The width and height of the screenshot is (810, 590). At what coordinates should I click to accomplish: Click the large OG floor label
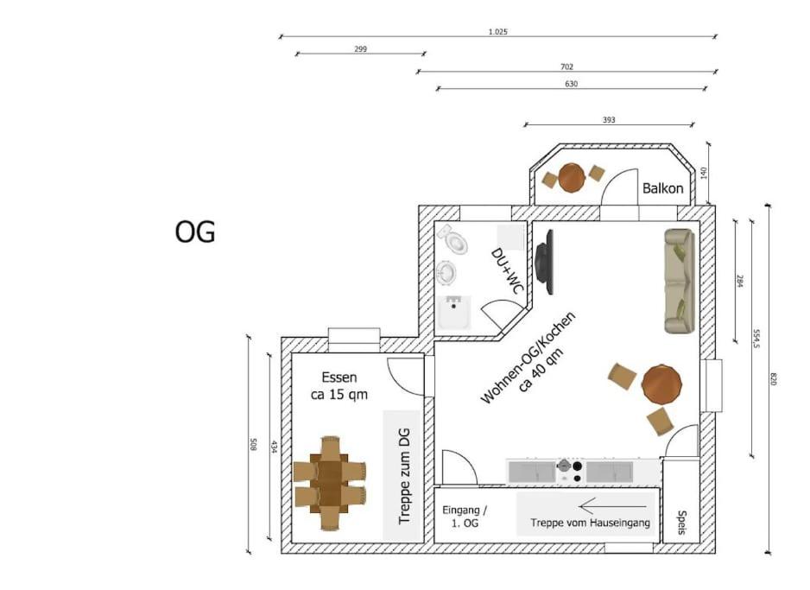click(x=195, y=232)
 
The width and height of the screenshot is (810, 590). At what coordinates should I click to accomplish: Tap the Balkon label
click(x=663, y=188)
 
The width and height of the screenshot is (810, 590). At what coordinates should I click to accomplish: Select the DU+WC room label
click(x=507, y=271)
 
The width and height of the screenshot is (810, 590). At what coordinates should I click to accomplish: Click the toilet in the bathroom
click(x=453, y=239)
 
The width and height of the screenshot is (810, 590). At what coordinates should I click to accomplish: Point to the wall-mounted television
click(x=545, y=263)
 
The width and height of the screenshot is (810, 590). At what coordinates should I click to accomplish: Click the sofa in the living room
click(x=680, y=282)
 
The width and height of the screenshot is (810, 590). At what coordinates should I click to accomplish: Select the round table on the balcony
click(x=572, y=178)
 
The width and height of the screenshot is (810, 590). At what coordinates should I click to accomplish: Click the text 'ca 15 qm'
click(x=339, y=395)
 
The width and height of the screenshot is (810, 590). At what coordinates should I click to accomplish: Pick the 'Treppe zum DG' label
click(x=404, y=476)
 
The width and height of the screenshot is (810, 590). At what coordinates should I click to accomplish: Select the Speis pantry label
click(x=682, y=523)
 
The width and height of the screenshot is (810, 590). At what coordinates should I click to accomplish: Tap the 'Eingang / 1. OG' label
click(x=465, y=517)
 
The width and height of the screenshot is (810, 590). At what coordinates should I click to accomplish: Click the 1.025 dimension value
click(x=498, y=31)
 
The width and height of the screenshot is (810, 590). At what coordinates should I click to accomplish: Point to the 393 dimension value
click(x=609, y=120)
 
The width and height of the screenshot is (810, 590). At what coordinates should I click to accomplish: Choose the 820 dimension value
click(x=774, y=378)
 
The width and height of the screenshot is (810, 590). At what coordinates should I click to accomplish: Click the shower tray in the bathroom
click(x=454, y=313)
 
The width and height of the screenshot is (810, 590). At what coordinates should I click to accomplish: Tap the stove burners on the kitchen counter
click(x=570, y=471)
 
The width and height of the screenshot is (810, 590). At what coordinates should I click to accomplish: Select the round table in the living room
click(x=661, y=384)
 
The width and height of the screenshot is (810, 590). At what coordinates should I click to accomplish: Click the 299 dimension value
click(x=361, y=49)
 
